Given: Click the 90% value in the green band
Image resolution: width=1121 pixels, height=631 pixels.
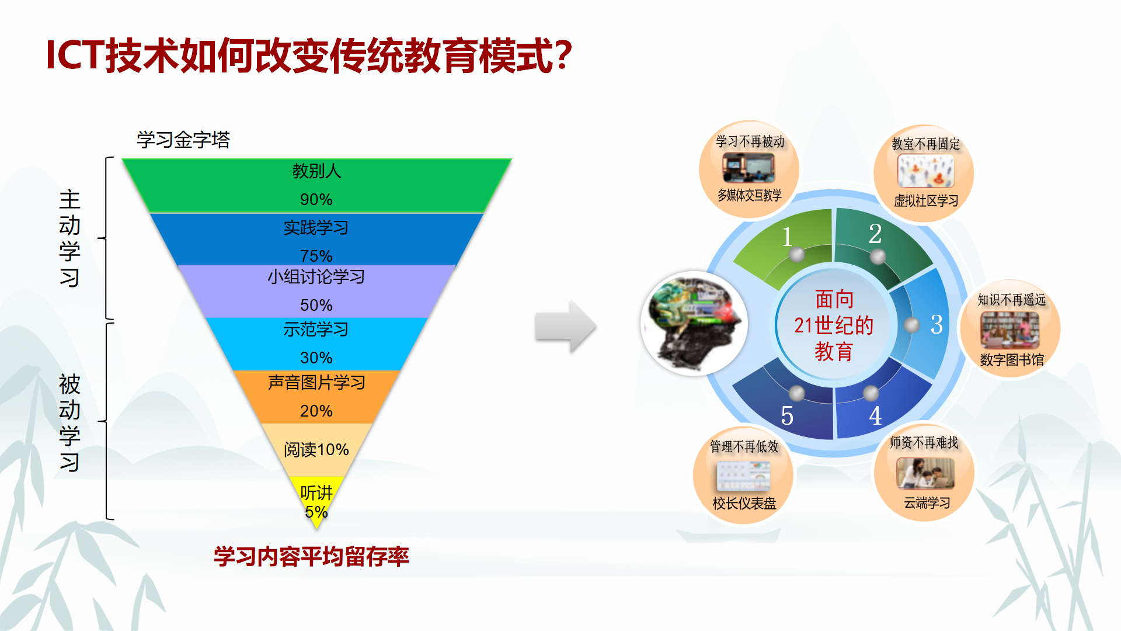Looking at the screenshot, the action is [x=316, y=200].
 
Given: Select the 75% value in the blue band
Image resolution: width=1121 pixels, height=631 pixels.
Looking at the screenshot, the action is [x=316, y=256].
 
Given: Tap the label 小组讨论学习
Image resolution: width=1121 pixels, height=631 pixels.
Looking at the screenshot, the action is [x=316, y=276].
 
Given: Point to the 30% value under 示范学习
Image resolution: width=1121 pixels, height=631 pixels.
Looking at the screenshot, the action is [x=316, y=358].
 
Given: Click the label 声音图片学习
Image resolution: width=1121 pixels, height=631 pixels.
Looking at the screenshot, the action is [x=316, y=383].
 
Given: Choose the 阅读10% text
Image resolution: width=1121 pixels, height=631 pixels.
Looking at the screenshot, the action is [x=316, y=449].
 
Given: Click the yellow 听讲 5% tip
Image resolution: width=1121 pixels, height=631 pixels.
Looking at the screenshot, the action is [x=316, y=502].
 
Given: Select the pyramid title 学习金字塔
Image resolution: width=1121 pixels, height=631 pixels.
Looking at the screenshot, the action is [x=183, y=140].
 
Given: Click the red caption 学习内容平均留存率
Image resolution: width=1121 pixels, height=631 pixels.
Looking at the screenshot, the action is [x=311, y=557].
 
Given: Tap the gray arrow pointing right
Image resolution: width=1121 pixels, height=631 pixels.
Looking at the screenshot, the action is [x=565, y=326].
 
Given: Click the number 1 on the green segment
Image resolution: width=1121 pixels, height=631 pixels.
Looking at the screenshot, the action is [x=787, y=237].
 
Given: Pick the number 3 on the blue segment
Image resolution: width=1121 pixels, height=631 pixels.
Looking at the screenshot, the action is [x=937, y=324].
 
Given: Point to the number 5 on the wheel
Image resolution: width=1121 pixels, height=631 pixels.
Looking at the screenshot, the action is [x=787, y=416].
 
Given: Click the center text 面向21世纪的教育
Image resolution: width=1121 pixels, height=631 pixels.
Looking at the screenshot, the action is [x=834, y=325].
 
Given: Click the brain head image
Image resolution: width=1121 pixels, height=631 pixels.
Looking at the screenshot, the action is [x=695, y=324].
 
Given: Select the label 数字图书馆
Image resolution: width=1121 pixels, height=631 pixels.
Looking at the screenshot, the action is [x=1012, y=360].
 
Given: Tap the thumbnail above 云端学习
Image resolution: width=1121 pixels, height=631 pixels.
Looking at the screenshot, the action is [x=925, y=473].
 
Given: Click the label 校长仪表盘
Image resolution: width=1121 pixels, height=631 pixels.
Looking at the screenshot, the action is [x=744, y=504].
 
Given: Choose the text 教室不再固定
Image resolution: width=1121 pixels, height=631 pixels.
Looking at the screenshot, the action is [x=926, y=144].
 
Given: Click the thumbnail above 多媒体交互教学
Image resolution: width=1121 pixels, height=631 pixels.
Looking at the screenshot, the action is [x=749, y=168].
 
